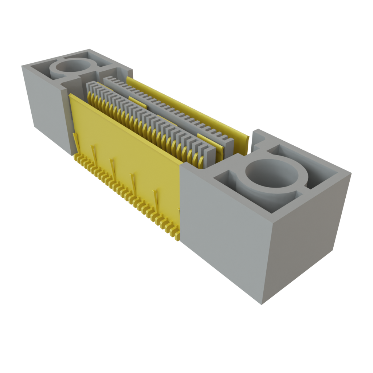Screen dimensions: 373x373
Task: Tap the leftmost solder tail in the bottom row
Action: click(76, 157)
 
